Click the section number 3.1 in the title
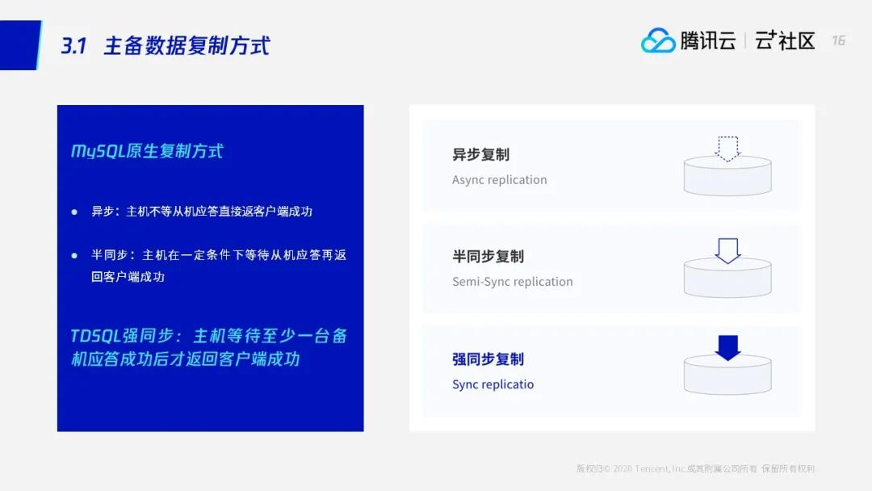[x=73, y=45]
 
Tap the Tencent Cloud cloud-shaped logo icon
[x=658, y=40]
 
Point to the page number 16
[x=839, y=40]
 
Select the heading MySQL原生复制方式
[x=147, y=151]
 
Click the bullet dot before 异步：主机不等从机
[x=74, y=212]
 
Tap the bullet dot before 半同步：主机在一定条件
[x=74, y=256]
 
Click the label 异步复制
[x=480, y=154]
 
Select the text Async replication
[x=500, y=179]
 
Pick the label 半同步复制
[x=488, y=256]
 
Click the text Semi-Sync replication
[x=512, y=281]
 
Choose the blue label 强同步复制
[x=488, y=359]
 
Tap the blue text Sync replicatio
[x=493, y=384]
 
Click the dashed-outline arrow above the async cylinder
[x=727, y=149]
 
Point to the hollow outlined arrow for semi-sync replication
[x=727, y=251]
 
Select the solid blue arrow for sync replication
[x=727, y=348]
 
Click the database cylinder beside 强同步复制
[x=727, y=375]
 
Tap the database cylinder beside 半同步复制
[x=727, y=278]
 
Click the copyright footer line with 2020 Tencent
[x=695, y=468]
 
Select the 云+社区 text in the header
[x=785, y=40]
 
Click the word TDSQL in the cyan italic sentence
[x=95, y=336]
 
